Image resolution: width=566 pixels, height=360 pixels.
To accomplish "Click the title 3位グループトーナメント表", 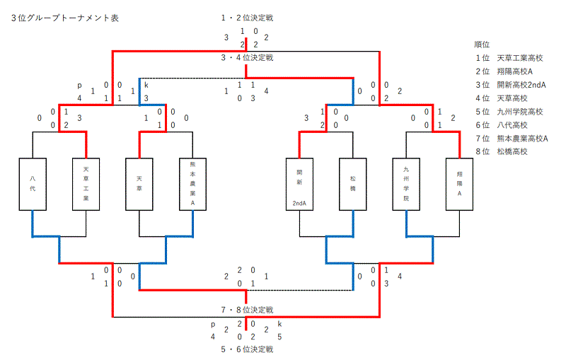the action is pyautogui.click(x=65, y=18).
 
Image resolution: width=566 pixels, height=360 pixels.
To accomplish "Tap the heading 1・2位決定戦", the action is pyautogui.click(x=247, y=18).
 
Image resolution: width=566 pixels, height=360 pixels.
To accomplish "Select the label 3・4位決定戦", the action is pyautogui.click(x=247, y=58).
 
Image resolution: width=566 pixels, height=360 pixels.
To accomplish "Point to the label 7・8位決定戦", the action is pyautogui.click(x=247, y=310).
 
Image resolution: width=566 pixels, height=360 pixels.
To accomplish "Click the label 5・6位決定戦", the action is pyautogui.click(x=247, y=349).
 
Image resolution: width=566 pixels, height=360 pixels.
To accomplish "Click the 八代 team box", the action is pyautogui.click(x=33, y=184).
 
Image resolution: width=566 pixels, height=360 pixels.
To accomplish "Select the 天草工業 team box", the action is pyautogui.click(x=86, y=184).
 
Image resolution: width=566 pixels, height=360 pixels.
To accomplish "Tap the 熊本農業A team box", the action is pyautogui.click(x=192, y=184).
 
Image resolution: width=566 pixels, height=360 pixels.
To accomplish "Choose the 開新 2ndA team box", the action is pyautogui.click(x=299, y=184).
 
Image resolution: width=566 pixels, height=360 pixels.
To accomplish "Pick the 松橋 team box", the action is pyautogui.click(x=352, y=184).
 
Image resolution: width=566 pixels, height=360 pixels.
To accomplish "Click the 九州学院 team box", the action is pyautogui.click(x=406, y=184).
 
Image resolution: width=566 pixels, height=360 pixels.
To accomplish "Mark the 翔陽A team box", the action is pyautogui.click(x=459, y=184).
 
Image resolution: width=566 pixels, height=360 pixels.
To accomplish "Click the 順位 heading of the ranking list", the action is pyautogui.click(x=482, y=45).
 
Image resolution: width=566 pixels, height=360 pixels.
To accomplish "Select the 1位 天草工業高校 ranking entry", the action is pyautogui.click(x=509, y=58).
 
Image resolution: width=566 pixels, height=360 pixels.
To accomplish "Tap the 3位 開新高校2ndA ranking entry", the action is pyautogui.click(x=511, y=85).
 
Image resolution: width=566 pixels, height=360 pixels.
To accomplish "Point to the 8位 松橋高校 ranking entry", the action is pyautogui.click(x=502, y=151).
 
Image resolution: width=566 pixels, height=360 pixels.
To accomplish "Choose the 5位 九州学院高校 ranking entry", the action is pyautogui.click(x=509, y=112).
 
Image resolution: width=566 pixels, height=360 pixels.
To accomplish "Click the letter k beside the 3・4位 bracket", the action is pyautogui.click(x=146, y=85).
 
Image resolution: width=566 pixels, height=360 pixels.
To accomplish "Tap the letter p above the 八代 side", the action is pyautogui.click(x=79, y=86).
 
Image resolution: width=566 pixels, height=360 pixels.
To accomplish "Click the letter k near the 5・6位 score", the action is pyautogui.click(x=279, y=323).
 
